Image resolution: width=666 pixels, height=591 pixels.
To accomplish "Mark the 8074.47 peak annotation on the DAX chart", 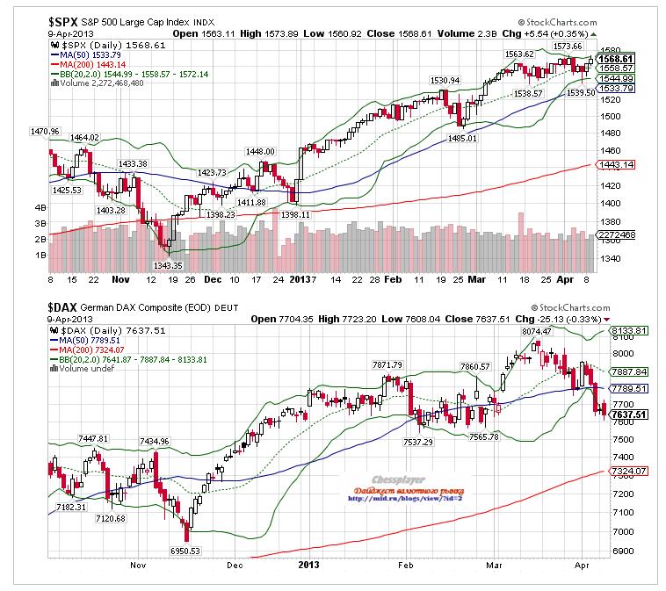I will coord(515,331).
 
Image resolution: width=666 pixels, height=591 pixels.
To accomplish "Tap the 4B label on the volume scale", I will coord(40,207).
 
